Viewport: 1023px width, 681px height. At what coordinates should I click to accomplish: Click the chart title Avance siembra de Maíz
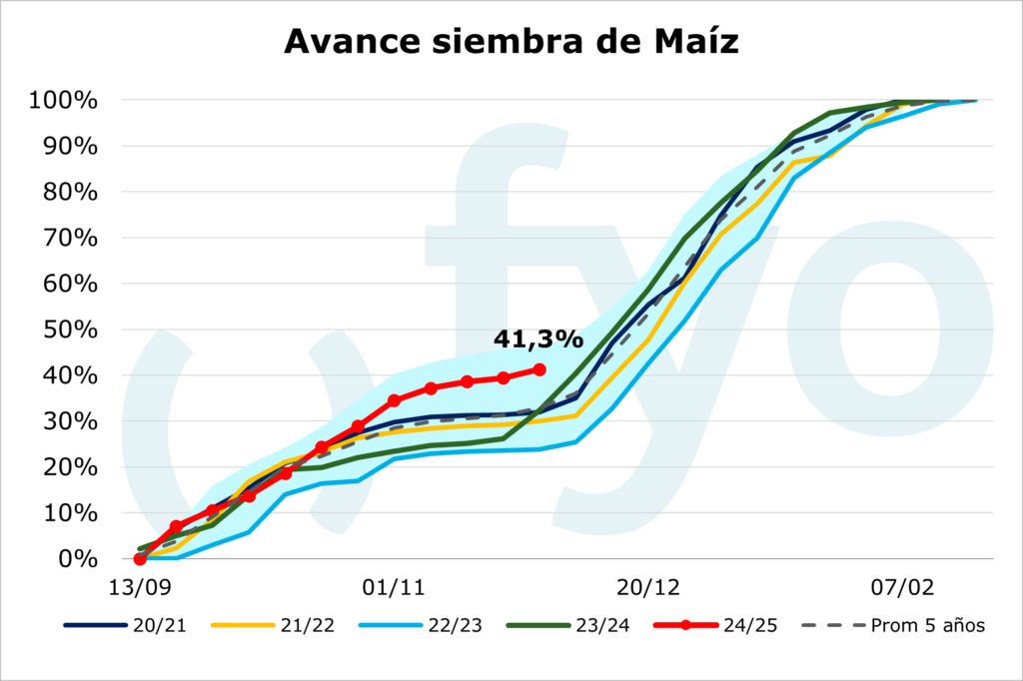(511, 41)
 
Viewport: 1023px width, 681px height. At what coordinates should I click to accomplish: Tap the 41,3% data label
(537, 340)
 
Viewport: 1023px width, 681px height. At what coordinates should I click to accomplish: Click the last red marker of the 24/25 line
(540, 369)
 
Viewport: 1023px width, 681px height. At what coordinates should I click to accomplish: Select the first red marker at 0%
(140, 559)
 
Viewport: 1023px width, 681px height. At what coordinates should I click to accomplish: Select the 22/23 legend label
(424, 626)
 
